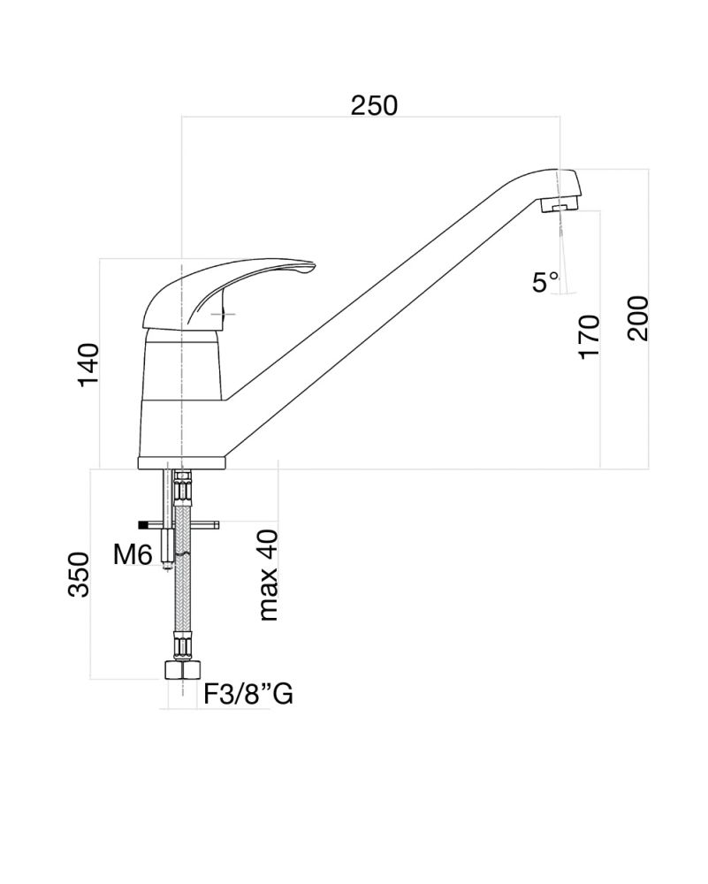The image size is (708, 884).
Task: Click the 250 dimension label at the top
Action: coord(374,105)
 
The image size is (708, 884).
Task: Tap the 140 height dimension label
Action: coord(88,364)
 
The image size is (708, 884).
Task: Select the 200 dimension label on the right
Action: coord(638,318)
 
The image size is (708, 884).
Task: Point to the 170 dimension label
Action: coord(589,337)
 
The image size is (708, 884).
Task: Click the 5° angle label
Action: coord(545,282)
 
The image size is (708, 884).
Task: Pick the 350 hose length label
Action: coord(79,575)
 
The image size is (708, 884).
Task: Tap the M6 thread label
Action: coord(133,555)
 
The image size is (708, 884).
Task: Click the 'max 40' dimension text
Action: coord(269,575)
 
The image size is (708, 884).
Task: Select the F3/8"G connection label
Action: coord(248,694)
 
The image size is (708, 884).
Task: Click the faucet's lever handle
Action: coord(225,293)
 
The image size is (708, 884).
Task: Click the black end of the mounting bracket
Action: coord(143,525)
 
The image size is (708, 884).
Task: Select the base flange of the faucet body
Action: coord(181,462)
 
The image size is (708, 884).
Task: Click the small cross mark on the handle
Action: coord(224,314)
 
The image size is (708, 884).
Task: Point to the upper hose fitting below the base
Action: coord(183,484)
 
